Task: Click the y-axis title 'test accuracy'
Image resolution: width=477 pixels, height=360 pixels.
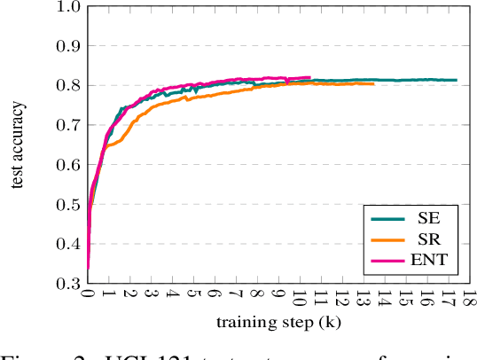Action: (x=18, y=145)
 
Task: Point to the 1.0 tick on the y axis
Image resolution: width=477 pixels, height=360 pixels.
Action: (x=68, y=6)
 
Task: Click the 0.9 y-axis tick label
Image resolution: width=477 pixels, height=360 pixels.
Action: (x=68, y=46)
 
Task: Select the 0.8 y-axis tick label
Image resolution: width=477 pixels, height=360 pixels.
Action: (x=68, y=86)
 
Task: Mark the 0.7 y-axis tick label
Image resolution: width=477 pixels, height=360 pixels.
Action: (x=68, y=125)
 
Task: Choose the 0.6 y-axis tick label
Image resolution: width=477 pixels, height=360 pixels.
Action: (x=68, y=165)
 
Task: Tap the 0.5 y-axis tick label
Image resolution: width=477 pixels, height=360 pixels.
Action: (x=68, y=205)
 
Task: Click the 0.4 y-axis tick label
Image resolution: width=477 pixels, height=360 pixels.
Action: (x=68, y=245)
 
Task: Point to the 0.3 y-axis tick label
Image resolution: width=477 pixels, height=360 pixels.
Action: (x=68, y=284)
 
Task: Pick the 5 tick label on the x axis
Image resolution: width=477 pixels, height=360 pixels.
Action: (x=193, y=298)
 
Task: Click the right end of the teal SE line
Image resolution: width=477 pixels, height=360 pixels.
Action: (x=457, y=80)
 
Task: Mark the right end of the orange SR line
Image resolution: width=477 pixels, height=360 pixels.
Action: (x=373, y=83)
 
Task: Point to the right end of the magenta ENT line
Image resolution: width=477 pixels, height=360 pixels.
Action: (x=309, y=77)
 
